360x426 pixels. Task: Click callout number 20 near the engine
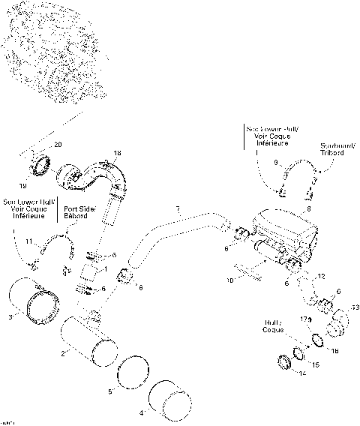pyautogui.click(x=59, y=143)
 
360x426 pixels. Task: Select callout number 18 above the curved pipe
pyautogui.click(x=116, y=154)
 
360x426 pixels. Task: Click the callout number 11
pyautogui.click(x=28, y=241)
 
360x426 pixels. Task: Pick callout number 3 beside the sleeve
pyautogui.click(x=10, y=317)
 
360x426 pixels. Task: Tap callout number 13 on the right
pyautogui.click(x=355, y=307)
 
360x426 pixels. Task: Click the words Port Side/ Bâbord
pyautogui.click(x=79, y=213)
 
